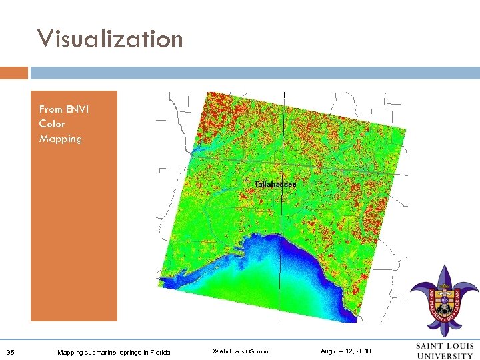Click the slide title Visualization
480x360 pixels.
[110, 39]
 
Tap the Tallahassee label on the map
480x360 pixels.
[275, 183]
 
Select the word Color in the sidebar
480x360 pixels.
[52, 124]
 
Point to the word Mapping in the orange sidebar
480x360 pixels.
[60, 139]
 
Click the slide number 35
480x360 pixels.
[10, 351]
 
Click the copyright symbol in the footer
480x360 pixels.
[215, 351]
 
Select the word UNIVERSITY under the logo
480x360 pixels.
[445, 355]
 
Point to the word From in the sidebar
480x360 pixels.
[51, 109]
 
